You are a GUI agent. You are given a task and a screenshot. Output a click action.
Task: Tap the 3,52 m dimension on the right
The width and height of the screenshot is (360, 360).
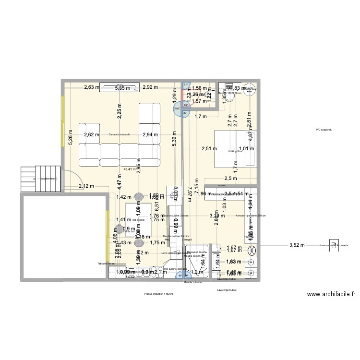pyautogui.click(x=297, y=245)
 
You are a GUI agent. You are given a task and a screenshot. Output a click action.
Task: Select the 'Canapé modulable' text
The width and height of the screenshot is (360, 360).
pyautogui.click(x=120, y=134)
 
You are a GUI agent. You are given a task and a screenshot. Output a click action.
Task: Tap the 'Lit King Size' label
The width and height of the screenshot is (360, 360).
pyautogui.click(x=234, y=151)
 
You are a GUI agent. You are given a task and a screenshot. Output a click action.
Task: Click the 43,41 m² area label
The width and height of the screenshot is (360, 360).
pyautogui.click(x=130, y=169)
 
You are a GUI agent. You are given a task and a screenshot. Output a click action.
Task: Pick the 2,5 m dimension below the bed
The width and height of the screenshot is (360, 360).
pyautogui.click(x=231, y=179)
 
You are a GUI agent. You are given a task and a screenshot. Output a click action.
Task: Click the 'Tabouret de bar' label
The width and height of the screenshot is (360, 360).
pyautogui.click(x=106, y=264)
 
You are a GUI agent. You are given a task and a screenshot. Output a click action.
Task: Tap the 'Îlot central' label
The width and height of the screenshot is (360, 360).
pyautogui.click(x=138, y=220)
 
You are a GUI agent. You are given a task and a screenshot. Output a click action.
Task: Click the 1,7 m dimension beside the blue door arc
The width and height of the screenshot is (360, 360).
pyautogui.click(x=201, y=116)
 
